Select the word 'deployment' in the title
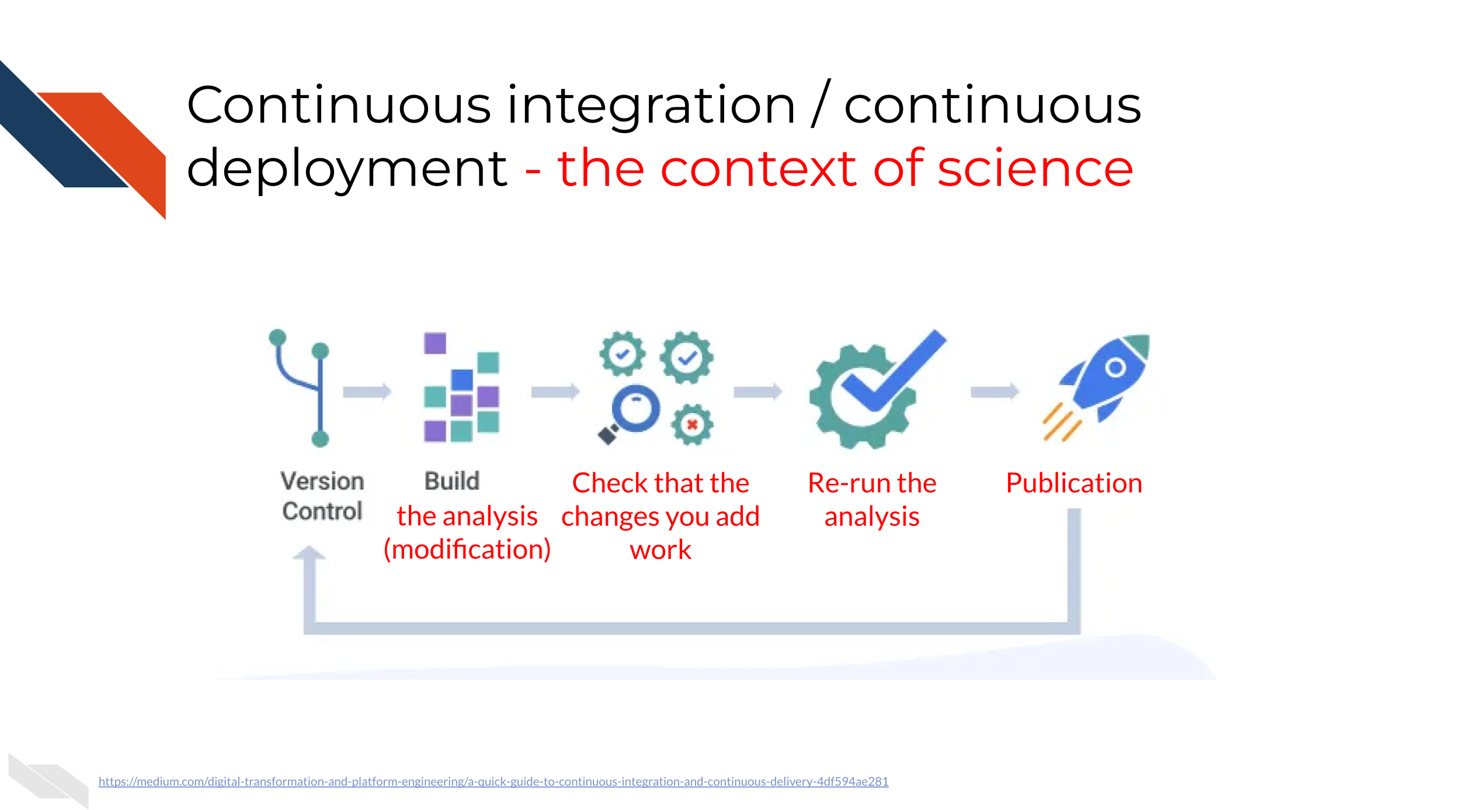pos(347,169)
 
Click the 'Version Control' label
pos(322,496)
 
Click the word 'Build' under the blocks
pos(452,481)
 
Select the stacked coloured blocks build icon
pos(461,387)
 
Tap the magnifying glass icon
pos(630,413)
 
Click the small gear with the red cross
pos(692,425)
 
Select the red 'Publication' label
pos(1074,483)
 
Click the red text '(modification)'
pos(467,550)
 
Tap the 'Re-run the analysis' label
pos(872,500)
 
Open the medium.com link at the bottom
pos(493,781)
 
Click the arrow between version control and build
pos(367,391)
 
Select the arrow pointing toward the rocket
pos(995,391)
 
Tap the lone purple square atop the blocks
pos(435,343)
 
